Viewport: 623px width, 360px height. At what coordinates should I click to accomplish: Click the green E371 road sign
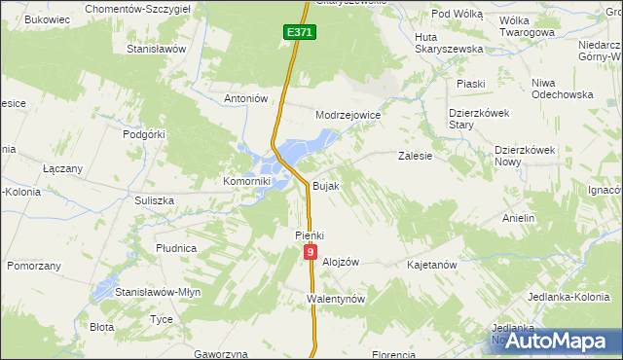pos(301,33)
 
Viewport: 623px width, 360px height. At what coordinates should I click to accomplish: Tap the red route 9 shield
pos(311,252)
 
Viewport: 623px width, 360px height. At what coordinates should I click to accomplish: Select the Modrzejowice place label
pos(348,115)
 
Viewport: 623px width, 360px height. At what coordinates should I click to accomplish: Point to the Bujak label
pos(325,185)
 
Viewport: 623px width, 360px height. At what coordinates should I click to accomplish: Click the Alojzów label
pos(341,262)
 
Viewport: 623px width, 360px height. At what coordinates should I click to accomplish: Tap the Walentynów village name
pos(335,299)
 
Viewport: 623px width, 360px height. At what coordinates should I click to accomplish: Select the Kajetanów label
pos(432,265)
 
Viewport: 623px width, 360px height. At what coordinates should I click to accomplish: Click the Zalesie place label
pos(415,155)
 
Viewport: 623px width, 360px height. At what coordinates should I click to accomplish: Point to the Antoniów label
pos(245,98)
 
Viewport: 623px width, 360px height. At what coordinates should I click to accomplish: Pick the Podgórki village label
pos(143,135)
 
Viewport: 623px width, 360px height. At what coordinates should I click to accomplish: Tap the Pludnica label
pos(176,248)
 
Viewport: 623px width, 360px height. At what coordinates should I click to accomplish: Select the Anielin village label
pos(518,218)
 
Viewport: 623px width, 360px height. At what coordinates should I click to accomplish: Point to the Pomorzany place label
pos(34,265)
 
